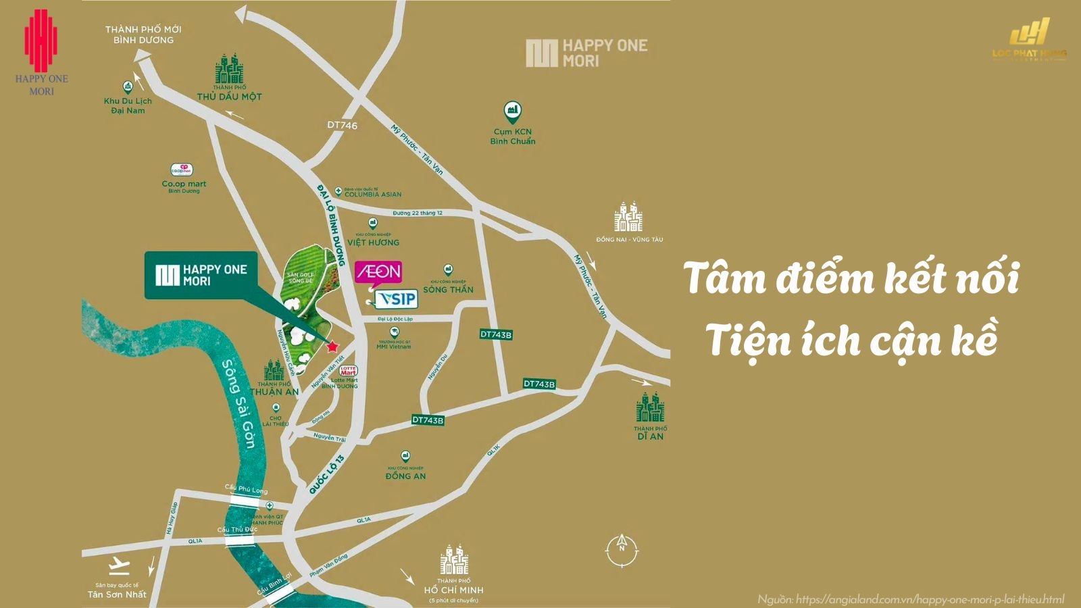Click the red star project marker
(x=332, y=347)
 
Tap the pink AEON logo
(x=378, y=272)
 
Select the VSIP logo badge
(x=397, y=299)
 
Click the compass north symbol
(x=622, y=549)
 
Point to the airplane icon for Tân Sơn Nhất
(x=119, y=563)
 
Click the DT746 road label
(x=342, y=125)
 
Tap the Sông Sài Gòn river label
(x=239, y=403)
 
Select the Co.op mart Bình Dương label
(x=184, y=184)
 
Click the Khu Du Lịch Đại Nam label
(x=128, y=105)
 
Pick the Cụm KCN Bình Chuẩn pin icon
(x=513, y=112)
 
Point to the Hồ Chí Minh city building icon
(x=454, y=559)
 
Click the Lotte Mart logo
(x=348, y=371)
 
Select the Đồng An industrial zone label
(x=405, y=476)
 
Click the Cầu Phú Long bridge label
(x=246, y=489)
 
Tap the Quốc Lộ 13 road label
(x=326, y=474)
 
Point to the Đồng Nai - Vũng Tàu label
(x=629, y=239)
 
